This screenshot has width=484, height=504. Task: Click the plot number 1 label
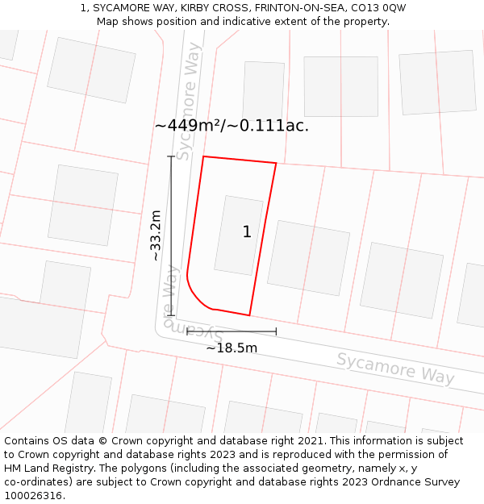tap(247, 232)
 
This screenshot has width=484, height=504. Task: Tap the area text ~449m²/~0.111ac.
tap(232, 126)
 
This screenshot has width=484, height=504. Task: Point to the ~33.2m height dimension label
tap(156, 235)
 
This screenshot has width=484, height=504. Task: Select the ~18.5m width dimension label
tap(232, 348)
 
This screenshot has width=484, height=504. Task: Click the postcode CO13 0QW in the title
tap(379, 7)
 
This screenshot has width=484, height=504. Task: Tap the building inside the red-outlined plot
tap(238, 235)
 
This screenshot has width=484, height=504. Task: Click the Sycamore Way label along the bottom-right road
tap(395, 368)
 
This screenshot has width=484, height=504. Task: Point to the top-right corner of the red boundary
tap(276, 164)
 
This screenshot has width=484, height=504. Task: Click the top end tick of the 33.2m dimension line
tap(171, 156)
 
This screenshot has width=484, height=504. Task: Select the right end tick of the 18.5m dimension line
tap(276, 331)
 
